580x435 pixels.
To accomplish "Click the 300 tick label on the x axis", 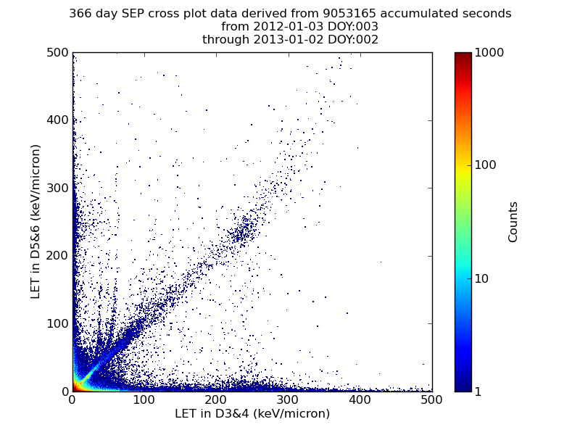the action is pos(288,400).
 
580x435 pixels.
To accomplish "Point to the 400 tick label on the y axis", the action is pos(58,120).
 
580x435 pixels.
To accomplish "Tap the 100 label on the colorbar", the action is pos(485,165).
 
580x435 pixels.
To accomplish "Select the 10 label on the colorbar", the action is pos(481,278).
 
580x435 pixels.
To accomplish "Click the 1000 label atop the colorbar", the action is pos(489,52).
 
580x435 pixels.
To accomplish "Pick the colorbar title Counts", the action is pos(513,222).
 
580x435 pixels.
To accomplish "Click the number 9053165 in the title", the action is pos(349,14).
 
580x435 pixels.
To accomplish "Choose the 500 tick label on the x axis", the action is pos(431,400).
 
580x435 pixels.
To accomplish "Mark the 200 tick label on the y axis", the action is pos(58,256).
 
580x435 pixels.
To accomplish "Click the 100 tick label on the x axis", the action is pos(144,400).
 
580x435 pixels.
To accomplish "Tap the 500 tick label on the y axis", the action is pos(58,52).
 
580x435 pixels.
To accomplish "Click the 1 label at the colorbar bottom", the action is pos(478,391).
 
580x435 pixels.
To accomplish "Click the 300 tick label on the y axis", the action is pos(58,188).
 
